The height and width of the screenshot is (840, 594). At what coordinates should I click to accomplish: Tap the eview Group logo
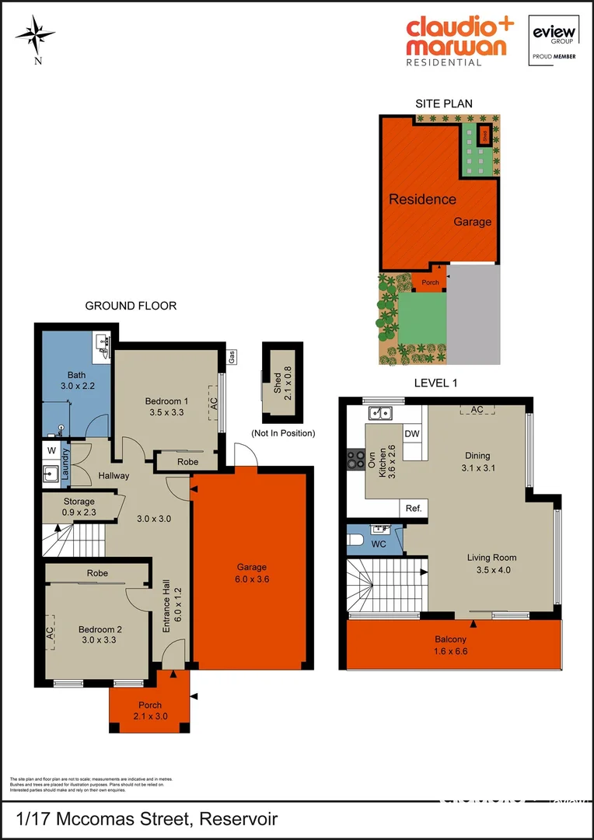(x=552, y=40)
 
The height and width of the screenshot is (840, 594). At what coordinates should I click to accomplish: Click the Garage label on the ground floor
(x=253, y=567)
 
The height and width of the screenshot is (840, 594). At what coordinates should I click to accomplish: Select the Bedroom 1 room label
(x=164, y=401)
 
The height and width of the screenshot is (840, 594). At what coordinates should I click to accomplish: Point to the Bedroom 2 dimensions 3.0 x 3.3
(x=100, y=641)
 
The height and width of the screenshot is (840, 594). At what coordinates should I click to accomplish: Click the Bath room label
(x=77, y=375)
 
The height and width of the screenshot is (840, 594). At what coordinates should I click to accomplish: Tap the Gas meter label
(x=232, y=357)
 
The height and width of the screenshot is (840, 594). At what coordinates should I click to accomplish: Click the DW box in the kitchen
(x=411, y=434)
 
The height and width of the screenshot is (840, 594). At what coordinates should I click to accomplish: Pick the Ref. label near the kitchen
(x=414, y=509)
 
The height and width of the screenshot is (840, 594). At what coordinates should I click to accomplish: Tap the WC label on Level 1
(x=379, y=544)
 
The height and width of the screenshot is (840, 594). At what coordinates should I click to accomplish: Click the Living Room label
(x=491, y=557)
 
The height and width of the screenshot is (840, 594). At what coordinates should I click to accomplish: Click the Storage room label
(x=79, y=502)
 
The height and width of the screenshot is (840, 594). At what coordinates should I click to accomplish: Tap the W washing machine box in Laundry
(x=51, y=450)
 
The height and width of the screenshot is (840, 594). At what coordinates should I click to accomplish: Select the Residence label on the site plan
(x=422, y=199)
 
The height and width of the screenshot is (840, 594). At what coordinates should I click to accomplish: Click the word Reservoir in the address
(x=238, y=819)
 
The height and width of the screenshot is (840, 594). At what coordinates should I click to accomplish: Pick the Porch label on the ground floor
(x=149, y=705)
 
